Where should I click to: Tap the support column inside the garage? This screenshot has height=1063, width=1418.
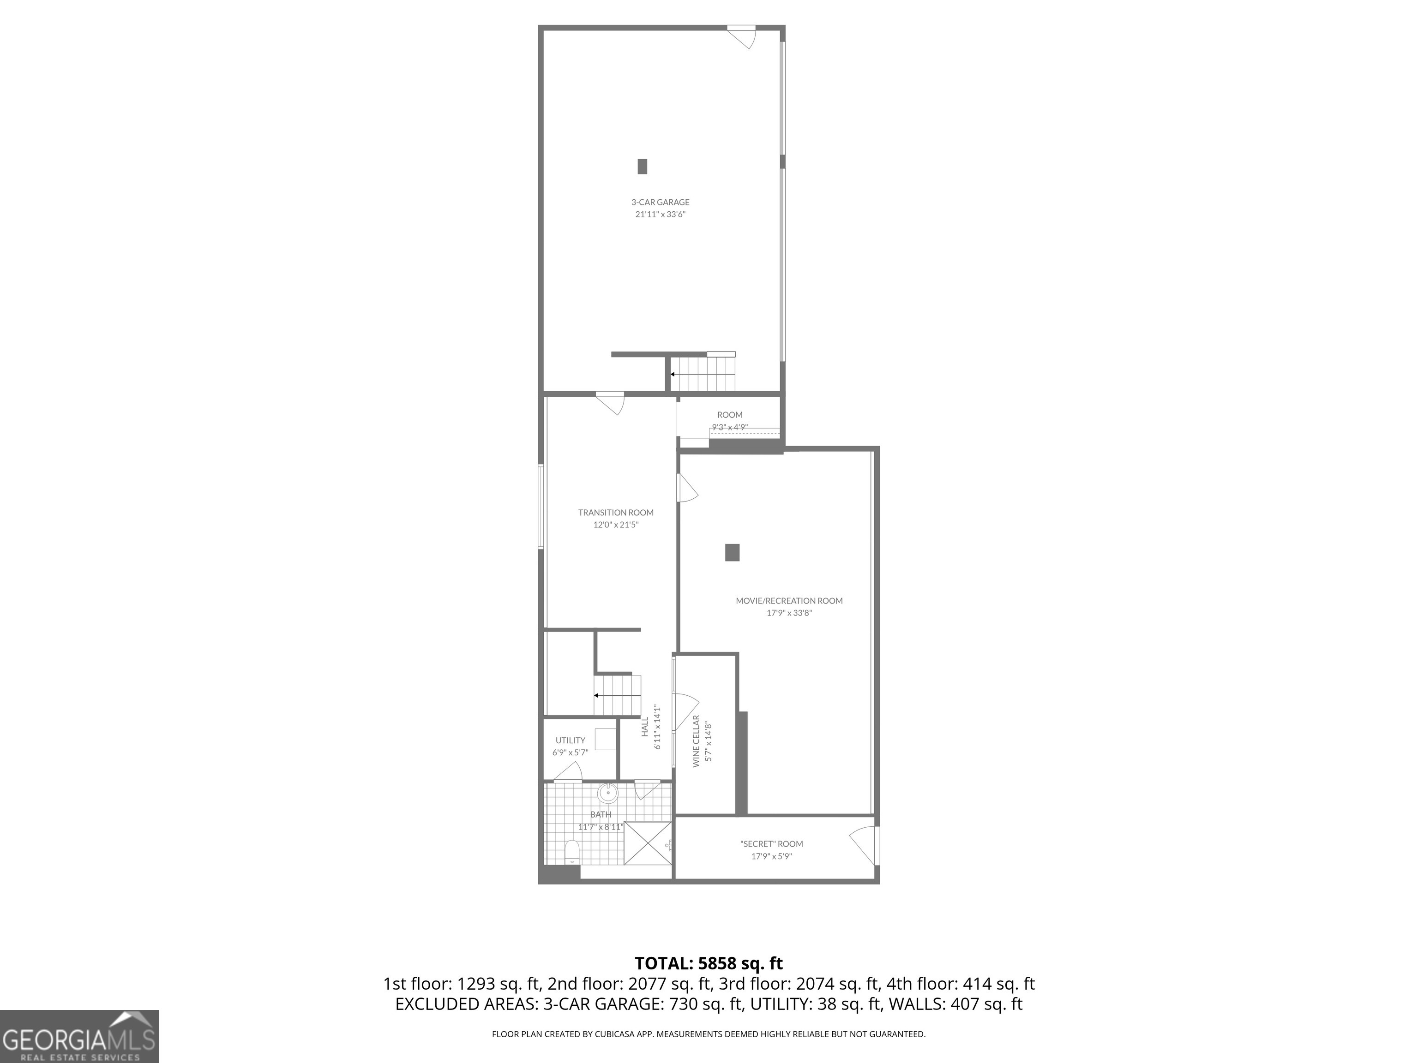pyautogui.click(x=643, y=166)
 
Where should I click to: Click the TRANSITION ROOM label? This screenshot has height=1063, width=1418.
pyautogui.click(x=615, y=513)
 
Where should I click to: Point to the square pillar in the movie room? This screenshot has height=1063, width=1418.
pyautogui.click(x=732, y=552)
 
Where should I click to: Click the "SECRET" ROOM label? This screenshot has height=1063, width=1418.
pyautogui.click(x=771, y=844)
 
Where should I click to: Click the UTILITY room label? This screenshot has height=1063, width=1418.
pyautogui.click(x=570, y=740)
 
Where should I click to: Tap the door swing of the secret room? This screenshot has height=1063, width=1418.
pyautogui.click(x=864, y=845)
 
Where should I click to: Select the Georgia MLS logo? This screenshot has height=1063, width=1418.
pyautogui.click(x=79, y=1036)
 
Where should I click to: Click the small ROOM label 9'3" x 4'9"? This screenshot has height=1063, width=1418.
pyautogui.click(x=729, y=415)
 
